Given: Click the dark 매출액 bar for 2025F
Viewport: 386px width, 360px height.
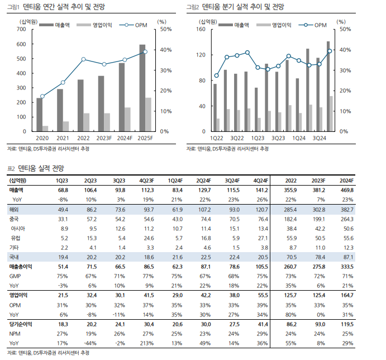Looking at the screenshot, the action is tap(142, 88).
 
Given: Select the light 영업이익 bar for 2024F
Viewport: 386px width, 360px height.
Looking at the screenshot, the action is tap(127, 119).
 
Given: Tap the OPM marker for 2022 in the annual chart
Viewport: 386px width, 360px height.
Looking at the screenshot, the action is tap(83, 59).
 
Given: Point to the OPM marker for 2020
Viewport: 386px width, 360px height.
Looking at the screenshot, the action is tap(42, 96).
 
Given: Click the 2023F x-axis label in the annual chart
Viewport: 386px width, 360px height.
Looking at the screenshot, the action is tap(104, 138).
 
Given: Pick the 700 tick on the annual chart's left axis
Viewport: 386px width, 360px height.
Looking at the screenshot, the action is tap(21, 29).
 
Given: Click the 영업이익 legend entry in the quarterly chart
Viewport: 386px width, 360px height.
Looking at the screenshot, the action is tap(274, 25).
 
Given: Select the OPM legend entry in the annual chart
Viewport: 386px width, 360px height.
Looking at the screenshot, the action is tap(133, 25).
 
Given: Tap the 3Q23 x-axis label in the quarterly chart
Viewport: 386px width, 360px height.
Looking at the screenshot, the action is tap(278, 138).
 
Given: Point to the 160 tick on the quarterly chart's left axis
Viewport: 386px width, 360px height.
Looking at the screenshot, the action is tap(201, 29).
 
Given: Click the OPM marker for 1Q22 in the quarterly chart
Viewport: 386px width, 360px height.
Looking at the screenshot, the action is tap(216, 75).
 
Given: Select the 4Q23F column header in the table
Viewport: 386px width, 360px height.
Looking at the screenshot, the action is tap(146, 181).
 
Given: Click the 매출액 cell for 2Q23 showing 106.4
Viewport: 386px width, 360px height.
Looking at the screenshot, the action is tap(90, 190).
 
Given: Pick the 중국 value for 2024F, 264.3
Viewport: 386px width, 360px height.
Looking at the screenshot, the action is tap(347, 219).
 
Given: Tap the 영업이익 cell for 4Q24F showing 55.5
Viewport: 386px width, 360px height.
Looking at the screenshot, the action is tap(263, 295).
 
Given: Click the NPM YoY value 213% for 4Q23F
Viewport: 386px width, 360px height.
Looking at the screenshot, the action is tap(147, 343).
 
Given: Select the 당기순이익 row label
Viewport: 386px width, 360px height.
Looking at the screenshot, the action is tap(21, 324).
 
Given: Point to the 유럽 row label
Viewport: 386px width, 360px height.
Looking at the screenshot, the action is tap(16, 238).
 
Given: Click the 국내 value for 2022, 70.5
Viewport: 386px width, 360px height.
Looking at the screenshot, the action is tap(292, 257).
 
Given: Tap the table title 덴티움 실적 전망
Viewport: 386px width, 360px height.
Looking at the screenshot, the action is tap(41, 168).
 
